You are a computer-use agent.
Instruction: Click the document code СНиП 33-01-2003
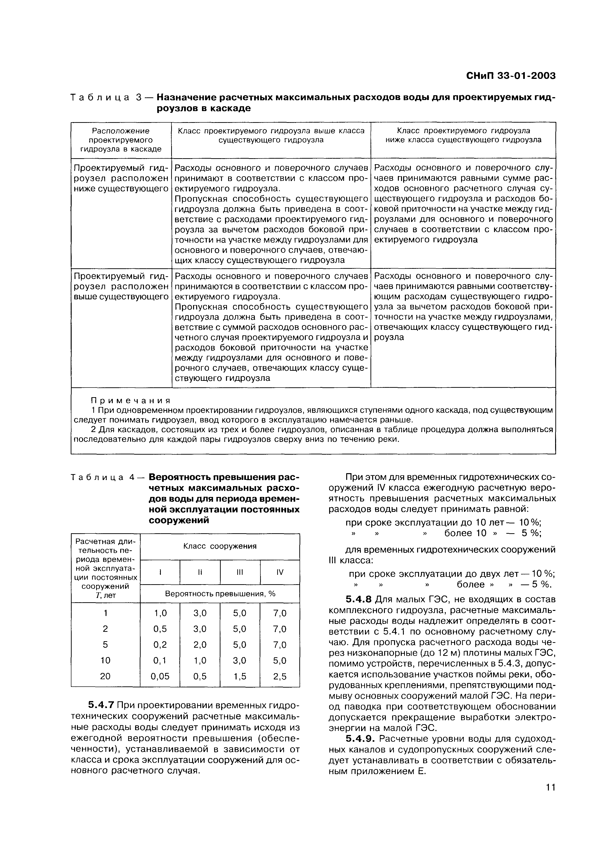click(x=510, y=76)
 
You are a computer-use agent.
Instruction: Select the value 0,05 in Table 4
click(x=160, y=676)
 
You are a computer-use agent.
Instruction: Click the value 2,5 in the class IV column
click(x=280, y=676)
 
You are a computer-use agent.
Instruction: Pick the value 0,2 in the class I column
click(x=160, y=645)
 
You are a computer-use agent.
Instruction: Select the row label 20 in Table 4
click(x=105, y=676)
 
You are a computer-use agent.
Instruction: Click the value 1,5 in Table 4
click(x=240, y=676)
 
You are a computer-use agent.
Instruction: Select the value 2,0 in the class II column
click(x=200, y=645)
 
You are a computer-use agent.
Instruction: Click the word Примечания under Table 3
click(x=130, y=401)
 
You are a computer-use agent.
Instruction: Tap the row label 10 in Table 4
click(x=105, y=660)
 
